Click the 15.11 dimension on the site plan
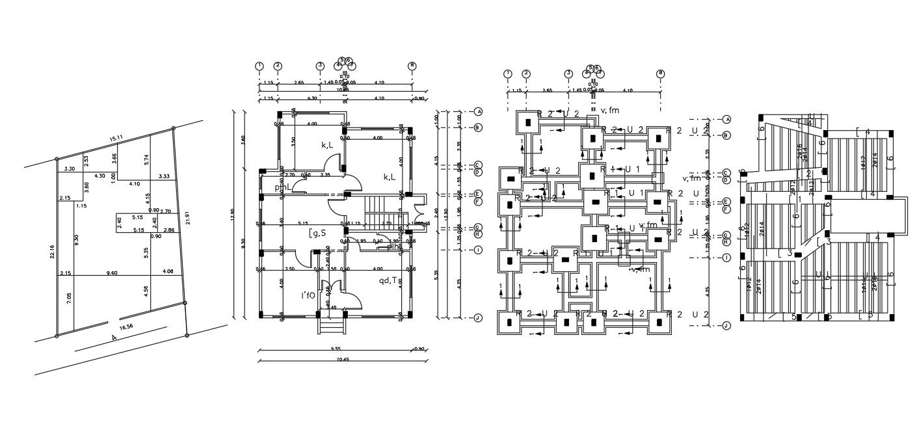click(116, 139)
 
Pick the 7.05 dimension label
click(70, 299)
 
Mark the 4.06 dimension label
click(168, 271)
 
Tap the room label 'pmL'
click(282, 187)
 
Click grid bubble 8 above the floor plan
click(412, 66)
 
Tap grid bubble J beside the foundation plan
click(727, 326)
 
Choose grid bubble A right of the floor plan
click(478, 112)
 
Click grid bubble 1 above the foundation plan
click(508, 73)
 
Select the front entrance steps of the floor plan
click(330, 323)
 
